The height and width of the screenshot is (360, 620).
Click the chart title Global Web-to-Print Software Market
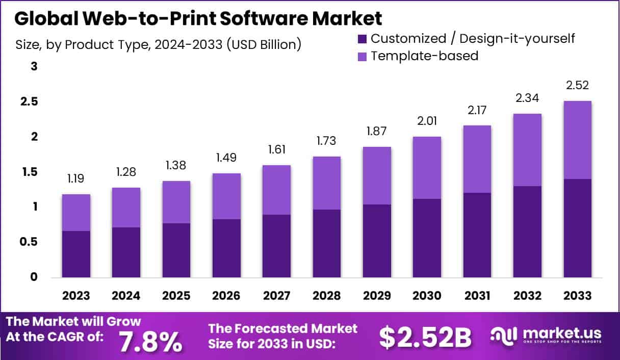pos(198,19)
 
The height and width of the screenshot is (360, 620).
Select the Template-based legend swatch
pos(363,56)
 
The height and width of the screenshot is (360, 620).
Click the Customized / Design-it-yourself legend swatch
pos(363,38)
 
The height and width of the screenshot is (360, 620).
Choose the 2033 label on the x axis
pos(578,296)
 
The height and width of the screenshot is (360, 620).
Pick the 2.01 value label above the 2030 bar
pos(427,121)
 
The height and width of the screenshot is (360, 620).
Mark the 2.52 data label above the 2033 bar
pos(578,85)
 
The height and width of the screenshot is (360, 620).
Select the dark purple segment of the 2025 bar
pos(176,250)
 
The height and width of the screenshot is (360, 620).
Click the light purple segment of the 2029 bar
pos(377,175)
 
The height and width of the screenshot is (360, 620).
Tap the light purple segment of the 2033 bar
pos(578,140)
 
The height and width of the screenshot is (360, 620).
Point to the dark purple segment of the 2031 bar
pos(477,235)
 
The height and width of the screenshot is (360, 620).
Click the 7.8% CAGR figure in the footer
pos(150,341)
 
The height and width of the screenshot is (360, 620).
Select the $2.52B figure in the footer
pos(426,337)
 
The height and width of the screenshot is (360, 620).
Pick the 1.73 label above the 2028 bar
pos(327,141)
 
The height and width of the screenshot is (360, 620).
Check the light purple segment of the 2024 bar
pos(126,208)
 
